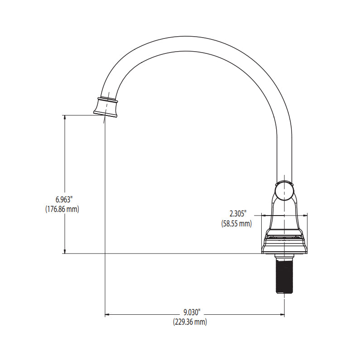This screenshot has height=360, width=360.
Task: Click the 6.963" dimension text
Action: (x=64, y=200)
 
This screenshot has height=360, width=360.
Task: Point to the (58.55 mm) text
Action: (x=236, y=224)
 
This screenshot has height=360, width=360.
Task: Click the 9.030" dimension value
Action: (x=192, y=312)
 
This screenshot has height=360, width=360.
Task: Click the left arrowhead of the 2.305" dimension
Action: (x=264, y=215)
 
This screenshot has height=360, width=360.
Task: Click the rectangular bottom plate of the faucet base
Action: (x=284, y=247)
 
